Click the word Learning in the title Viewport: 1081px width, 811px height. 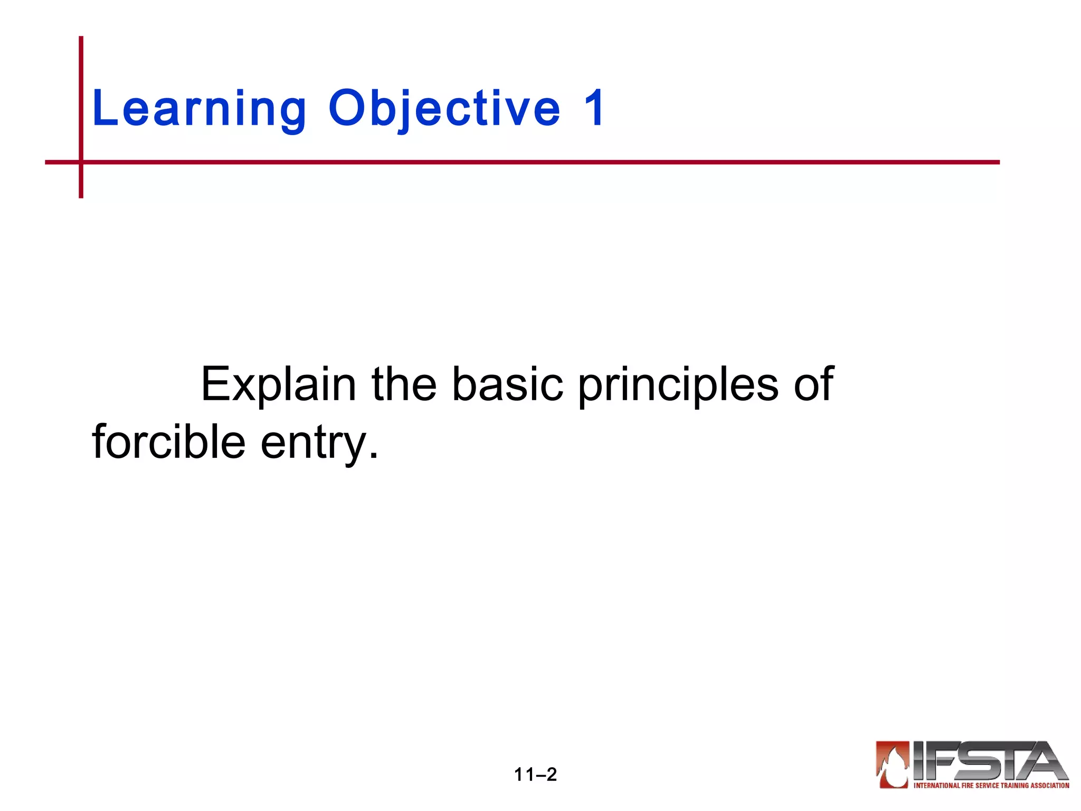(199, 109)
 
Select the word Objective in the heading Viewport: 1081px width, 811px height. (444, 109)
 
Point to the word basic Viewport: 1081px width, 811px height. (508, 384)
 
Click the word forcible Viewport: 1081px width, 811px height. (168, 442)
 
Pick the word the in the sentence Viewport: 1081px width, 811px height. (404, 384)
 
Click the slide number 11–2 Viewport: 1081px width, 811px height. (535, 775)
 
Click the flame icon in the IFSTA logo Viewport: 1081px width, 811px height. (893, 765)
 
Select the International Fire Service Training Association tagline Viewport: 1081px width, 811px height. (991, 786)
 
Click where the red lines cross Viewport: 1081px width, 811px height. (81, 162)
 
